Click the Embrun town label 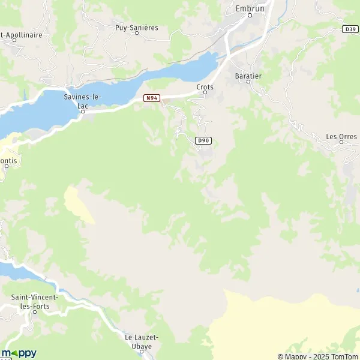251,8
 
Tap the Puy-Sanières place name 137,27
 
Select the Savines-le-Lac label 83,100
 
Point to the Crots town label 205,87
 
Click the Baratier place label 248,76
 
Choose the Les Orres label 341,136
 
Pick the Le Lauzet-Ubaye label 142,342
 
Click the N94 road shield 151,98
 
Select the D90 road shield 203,140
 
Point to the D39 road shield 351,28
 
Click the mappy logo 19,353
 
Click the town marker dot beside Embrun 251,16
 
